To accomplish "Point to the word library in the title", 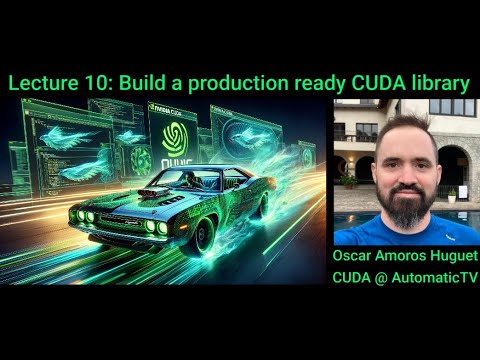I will [438, 84].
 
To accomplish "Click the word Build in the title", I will [147, 84].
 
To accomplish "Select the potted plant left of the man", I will [349, 181].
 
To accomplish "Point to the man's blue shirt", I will [405, 232].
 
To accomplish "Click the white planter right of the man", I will [451, 194].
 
